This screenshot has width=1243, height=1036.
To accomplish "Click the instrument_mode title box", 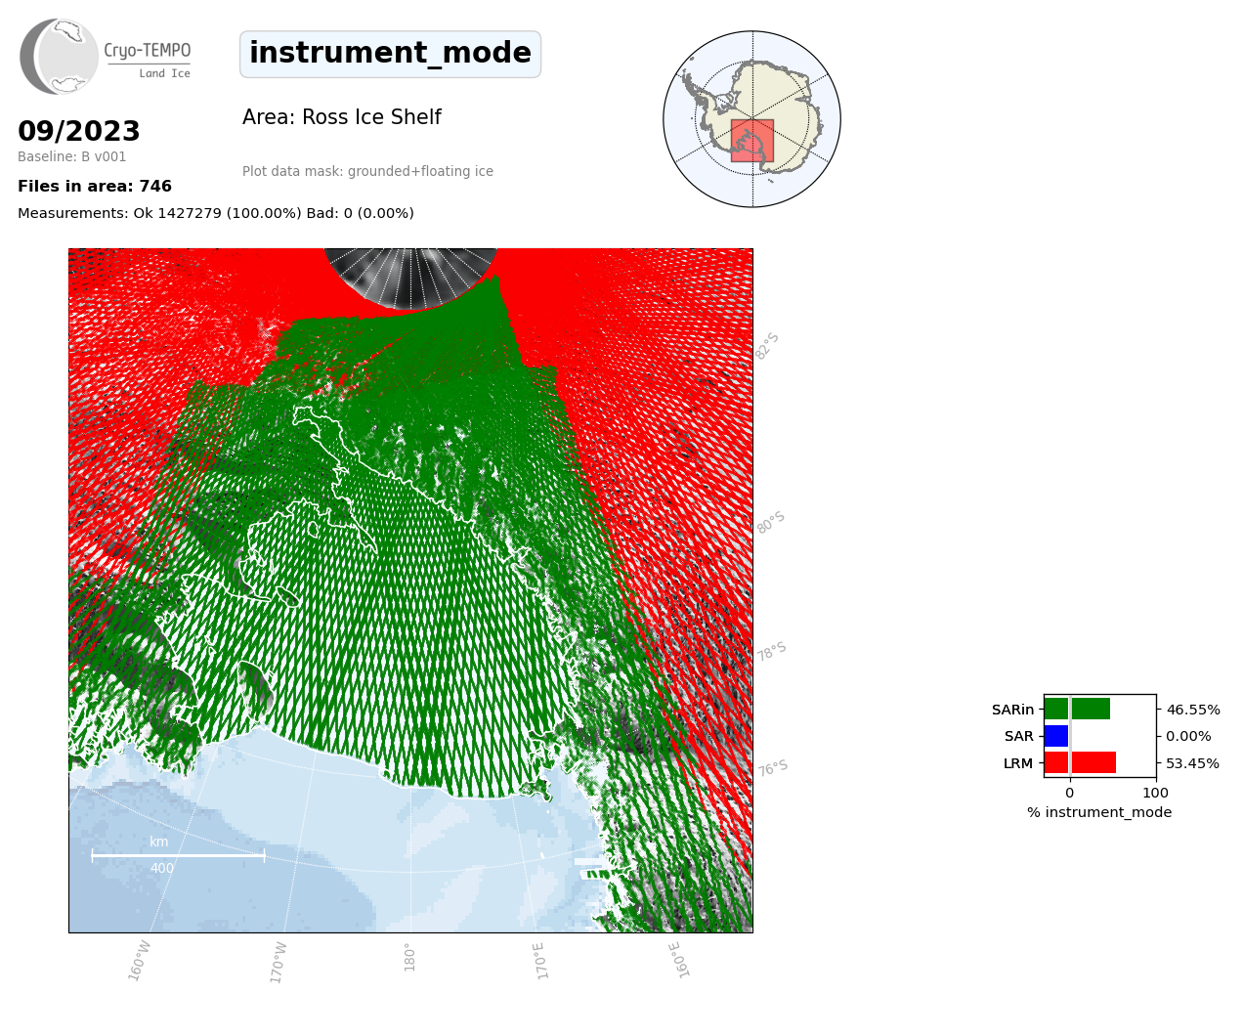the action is tap(390, 54).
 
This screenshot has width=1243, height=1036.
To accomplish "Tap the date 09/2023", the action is tap(78, 131).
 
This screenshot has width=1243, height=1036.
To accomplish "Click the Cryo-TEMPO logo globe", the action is tap(59, 56).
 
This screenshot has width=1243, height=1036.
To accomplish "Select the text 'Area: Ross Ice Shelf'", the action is tap(342, 117).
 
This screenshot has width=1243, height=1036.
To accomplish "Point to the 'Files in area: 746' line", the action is tap(95, 187).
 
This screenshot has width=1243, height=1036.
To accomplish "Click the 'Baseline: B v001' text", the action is tap(72, 156).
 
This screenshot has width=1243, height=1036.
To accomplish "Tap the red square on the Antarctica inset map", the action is tap(752, 141).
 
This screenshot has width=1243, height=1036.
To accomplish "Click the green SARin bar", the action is tap(1077, 709).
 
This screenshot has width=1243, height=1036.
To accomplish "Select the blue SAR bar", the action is tap(1056, 736).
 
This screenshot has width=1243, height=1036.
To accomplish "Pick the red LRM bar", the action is tap(1080, 762).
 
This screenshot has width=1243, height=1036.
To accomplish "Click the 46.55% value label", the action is tap(1193, 710).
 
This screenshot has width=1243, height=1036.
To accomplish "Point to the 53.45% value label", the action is tap(1192, 763).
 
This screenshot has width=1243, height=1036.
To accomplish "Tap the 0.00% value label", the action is tap(1188, 737).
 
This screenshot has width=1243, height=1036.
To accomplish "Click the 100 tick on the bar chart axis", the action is tap(1155, 793).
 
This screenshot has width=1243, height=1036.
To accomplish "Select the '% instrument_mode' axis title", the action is tap(1099, 813).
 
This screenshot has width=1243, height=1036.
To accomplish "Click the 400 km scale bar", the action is tap(178, 855).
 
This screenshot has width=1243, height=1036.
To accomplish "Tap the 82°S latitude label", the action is tap(767, 346).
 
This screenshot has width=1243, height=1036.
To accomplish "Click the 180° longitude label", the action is tap(409, 958).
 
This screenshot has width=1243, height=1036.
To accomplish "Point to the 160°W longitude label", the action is tap(139, 961).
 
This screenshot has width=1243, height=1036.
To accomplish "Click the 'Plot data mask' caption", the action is tap(367, 171).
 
